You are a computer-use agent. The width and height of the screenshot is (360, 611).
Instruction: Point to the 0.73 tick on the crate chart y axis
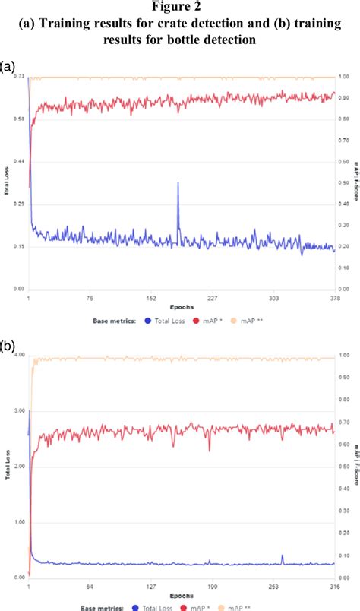tap(19, 77)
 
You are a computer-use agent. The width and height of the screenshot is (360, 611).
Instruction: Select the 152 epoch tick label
tap(151, 298)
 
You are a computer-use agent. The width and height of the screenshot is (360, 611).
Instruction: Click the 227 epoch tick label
tap(213, 298)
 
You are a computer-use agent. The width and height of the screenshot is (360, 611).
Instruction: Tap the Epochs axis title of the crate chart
tap(181, 308)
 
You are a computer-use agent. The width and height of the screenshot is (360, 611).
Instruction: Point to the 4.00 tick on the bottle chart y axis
tap(19, 355)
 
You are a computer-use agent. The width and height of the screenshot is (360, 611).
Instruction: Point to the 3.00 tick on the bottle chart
tap(19, 410)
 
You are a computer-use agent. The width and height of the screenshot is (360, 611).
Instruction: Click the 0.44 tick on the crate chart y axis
tap(19, 161)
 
